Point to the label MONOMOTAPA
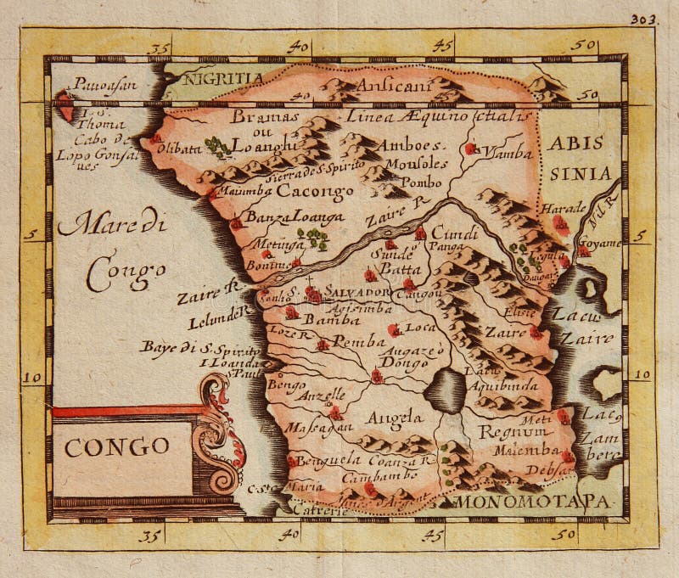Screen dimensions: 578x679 coord(533,502)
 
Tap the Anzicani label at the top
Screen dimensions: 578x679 coord(395,85)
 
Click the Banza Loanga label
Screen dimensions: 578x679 coord(283,218)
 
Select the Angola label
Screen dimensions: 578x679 coord(394,418)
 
